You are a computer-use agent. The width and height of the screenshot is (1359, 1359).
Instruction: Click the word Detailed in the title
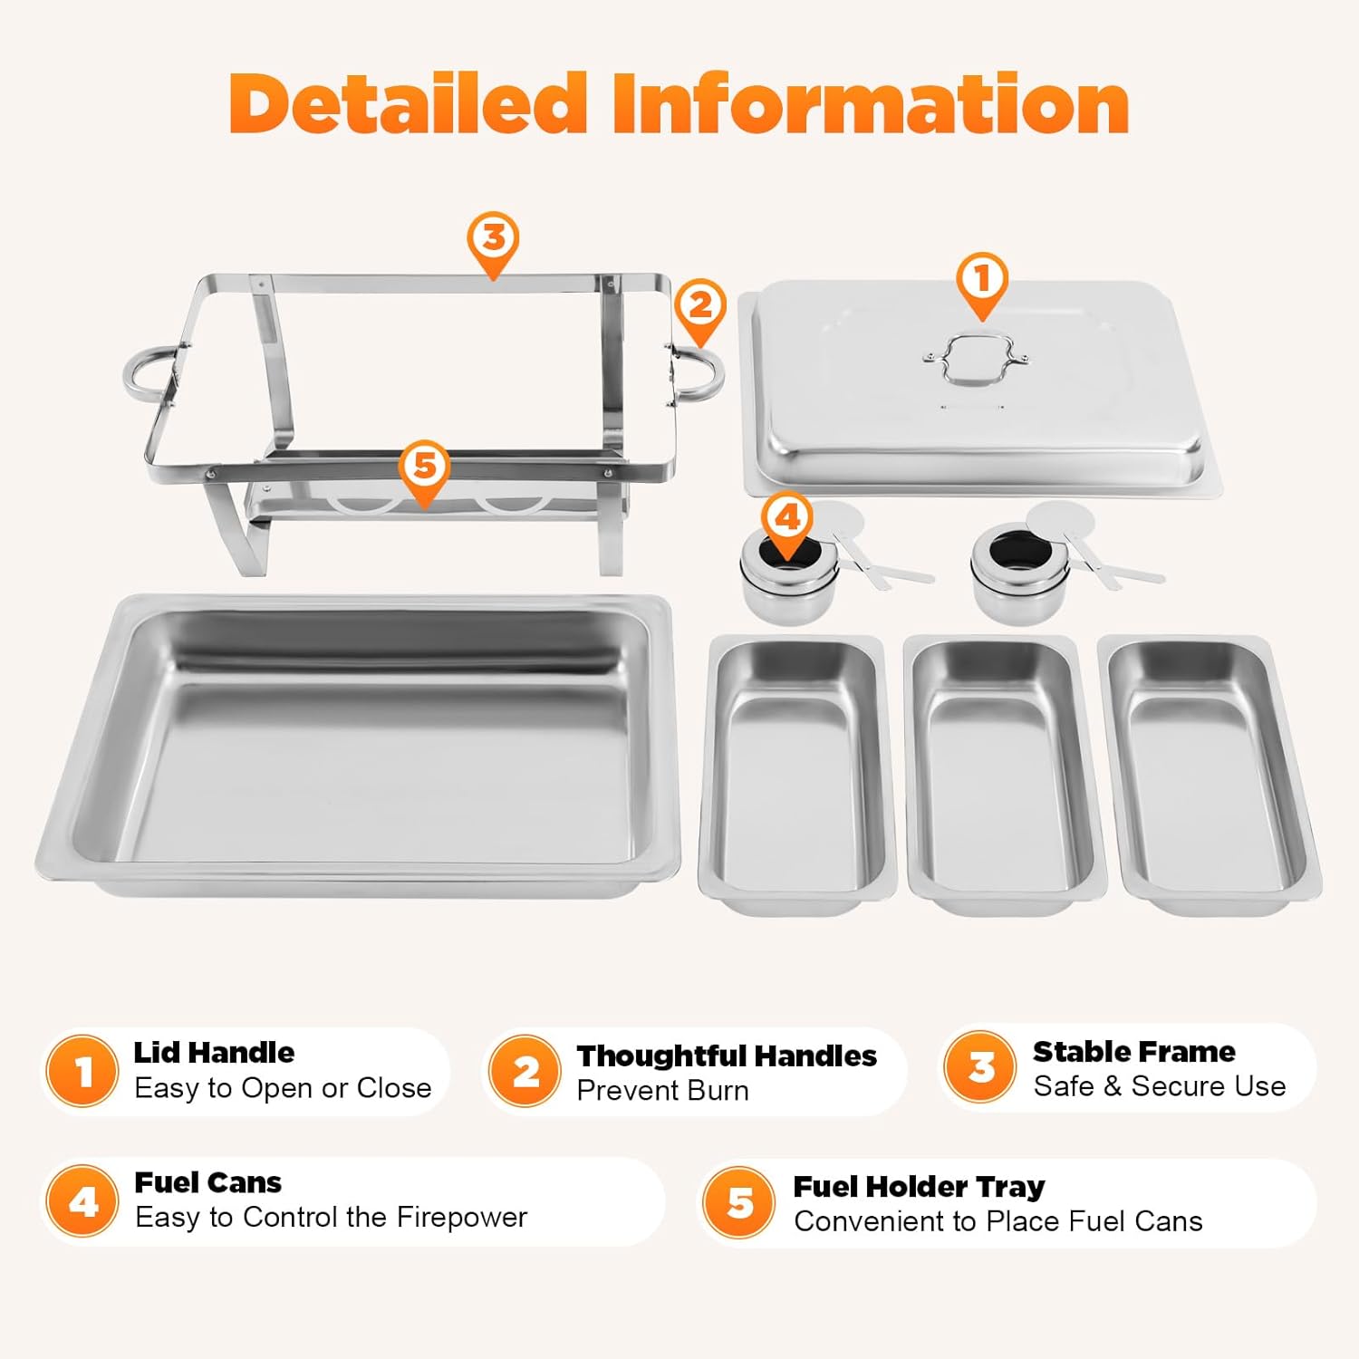[x=408, y=102]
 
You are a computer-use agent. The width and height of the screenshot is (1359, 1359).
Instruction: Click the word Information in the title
[x=871, y=102]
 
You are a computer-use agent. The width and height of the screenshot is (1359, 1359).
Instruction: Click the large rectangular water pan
[x=359, y=745]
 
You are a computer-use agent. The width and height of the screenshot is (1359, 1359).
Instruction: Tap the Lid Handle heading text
[x=214, y=1052]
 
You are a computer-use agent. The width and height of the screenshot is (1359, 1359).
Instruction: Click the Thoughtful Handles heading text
[x=727, y=1055]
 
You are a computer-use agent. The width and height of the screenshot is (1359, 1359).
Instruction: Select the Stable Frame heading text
[x=1134, y=1051]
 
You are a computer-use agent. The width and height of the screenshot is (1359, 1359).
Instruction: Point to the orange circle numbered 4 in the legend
[x=82, y=1201]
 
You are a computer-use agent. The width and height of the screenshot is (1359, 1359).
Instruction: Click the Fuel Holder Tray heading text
[x=919, y=1186]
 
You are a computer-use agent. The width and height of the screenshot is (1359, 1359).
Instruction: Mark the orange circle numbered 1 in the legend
[x=82, y=1071]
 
